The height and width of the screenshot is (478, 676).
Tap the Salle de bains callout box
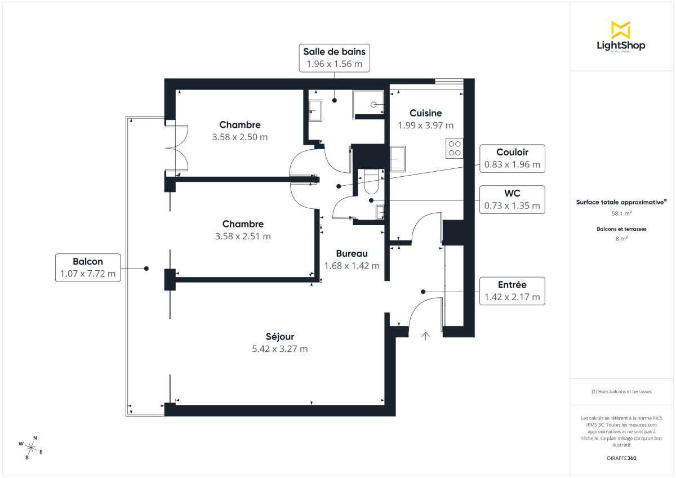point(334,58)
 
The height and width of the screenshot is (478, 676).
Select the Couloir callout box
point(512,158)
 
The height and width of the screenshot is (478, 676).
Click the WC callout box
point(512,200)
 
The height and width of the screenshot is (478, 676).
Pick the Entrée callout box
point(512,291)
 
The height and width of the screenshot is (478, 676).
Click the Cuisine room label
point(425,113)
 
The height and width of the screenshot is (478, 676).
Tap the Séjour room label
point(280,337)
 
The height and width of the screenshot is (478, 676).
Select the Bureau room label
point(352,253)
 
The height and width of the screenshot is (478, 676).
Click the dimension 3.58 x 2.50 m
point(240,137)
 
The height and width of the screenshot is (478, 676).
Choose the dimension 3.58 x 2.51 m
point(243,236)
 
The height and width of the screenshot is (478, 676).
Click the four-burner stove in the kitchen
point(454,148)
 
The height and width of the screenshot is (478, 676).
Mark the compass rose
point(31,448)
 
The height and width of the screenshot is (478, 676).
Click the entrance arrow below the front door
point(425,336)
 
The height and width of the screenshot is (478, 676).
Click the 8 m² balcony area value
point(621,239)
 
